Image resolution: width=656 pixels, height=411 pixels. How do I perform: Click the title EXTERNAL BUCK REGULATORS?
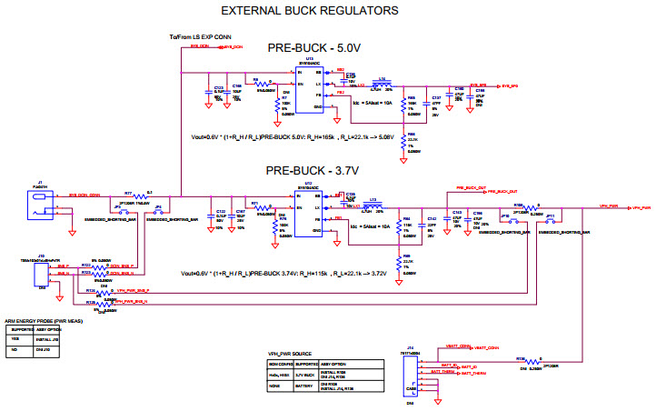(x=310, y=11)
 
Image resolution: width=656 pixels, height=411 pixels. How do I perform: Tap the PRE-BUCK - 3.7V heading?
(x=312, y=170)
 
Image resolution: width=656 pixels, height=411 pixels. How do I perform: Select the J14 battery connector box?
(x=412, y=375)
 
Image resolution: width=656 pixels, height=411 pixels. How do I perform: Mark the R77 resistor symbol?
(x=129, y=196)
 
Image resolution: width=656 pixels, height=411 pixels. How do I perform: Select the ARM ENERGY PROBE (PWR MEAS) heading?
(x=43, y=321)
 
